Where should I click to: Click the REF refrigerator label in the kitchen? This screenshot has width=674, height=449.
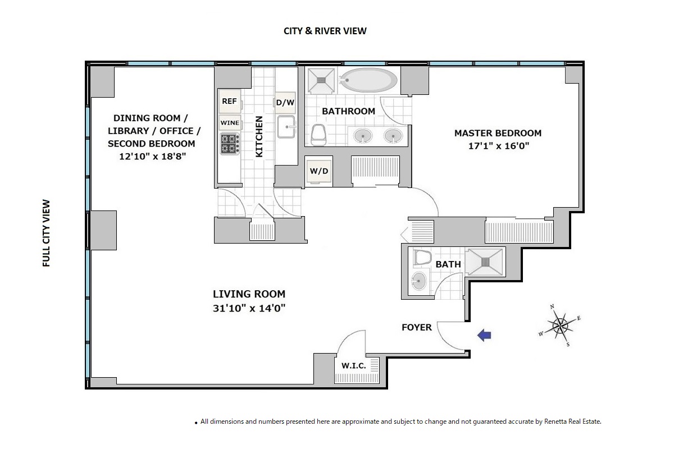click(229, 101)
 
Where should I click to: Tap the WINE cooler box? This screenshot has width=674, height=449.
click(230, 123)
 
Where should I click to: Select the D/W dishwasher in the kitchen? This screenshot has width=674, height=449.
click(285, 103)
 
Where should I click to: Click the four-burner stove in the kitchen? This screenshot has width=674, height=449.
click(230, 144)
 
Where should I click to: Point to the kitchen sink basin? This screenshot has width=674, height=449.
click(286, 127)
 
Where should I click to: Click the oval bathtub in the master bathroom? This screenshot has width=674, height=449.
click(369, 80)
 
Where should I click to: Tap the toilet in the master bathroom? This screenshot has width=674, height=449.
click(318, 135)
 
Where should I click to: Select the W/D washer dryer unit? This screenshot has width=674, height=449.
click(319, 171)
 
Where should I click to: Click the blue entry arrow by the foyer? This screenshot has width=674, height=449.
click(484, 335)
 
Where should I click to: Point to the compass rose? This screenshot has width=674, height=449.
click(559, 326)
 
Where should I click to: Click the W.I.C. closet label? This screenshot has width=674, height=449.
click(353, 366)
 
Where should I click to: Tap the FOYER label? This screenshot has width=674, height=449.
click(417, 327)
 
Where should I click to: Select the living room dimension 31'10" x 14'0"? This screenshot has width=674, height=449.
click(249, 308)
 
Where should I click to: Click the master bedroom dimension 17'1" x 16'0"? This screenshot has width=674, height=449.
click(499, 146)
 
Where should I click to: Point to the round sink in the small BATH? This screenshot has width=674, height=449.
click(419, 281)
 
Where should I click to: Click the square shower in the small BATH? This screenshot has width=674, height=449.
click(485, 262)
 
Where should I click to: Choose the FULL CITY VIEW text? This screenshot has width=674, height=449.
click(46, 233)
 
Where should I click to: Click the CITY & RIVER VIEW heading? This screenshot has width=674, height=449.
click(325, 31)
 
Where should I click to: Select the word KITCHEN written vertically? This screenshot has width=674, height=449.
click(259, 136)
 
